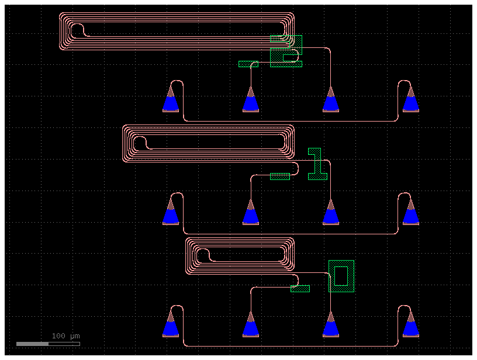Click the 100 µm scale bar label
[65, 336]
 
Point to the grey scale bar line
[48, 344]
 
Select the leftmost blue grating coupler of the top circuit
[171, 100]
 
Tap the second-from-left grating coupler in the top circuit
[251, 101]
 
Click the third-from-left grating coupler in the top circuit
[331, 101]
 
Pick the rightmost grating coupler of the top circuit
[411, 100]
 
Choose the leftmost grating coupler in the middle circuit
[171, 213]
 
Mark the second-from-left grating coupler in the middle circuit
[251, 214]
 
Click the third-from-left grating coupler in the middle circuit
[331, 214]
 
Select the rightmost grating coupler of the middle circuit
[411, 213]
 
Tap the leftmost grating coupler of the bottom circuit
[171, 326]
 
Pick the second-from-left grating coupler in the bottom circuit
[251, 326]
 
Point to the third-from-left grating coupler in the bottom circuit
[331, 326]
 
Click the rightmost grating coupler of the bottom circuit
[411, 326]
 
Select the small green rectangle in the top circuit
[248, 64]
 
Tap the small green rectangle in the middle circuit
[280, 176]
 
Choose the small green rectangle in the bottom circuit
[300, 289]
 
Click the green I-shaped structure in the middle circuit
[317, 164]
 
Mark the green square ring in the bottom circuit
[341, 276]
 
